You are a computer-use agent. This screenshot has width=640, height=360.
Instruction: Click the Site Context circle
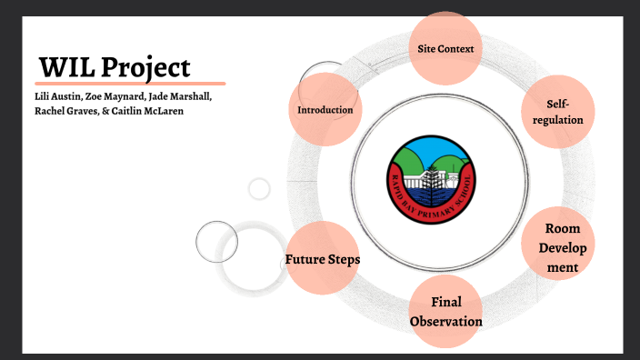445,47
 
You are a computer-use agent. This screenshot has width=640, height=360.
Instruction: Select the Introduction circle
325,110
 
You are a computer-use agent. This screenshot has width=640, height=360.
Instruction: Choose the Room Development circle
557,247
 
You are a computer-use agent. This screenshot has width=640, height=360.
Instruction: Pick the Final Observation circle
445,311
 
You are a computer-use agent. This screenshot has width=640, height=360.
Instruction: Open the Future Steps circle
323,259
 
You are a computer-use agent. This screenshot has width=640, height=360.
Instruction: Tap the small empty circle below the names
259,189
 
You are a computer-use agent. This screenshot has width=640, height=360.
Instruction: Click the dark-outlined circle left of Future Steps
216,241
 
